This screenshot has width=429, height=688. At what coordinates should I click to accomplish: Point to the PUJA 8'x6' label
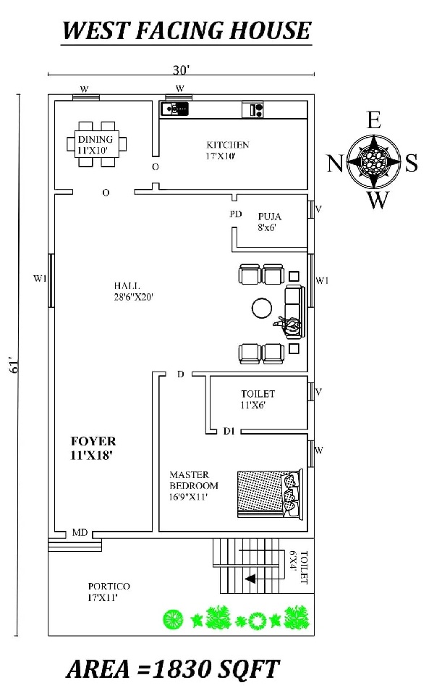pos(269,221)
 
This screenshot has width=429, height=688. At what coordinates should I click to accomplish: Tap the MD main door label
pos(80,533)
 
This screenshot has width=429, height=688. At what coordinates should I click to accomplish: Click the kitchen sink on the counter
pos(174,109)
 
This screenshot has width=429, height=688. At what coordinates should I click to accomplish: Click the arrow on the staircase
pos(249,579)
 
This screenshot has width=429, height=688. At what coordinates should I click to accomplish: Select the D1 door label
pos(228,432)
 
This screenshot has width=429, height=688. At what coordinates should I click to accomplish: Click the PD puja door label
pos(235,214)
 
